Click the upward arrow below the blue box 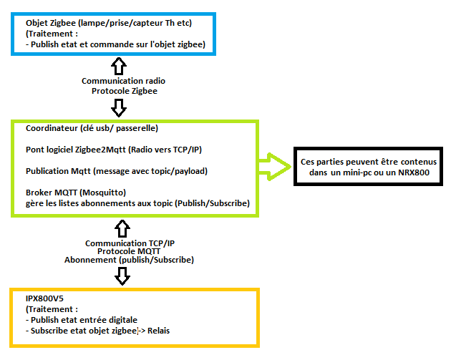tap(120, 66)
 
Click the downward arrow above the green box tap(120, 107)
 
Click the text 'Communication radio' tap(124, 82)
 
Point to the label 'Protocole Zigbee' tap(124, 91)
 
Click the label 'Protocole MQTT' tap(130, 251)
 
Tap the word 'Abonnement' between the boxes tap(91, 260)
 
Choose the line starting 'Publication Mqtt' tap(117, 172)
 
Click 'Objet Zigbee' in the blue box tap(51, 23)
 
